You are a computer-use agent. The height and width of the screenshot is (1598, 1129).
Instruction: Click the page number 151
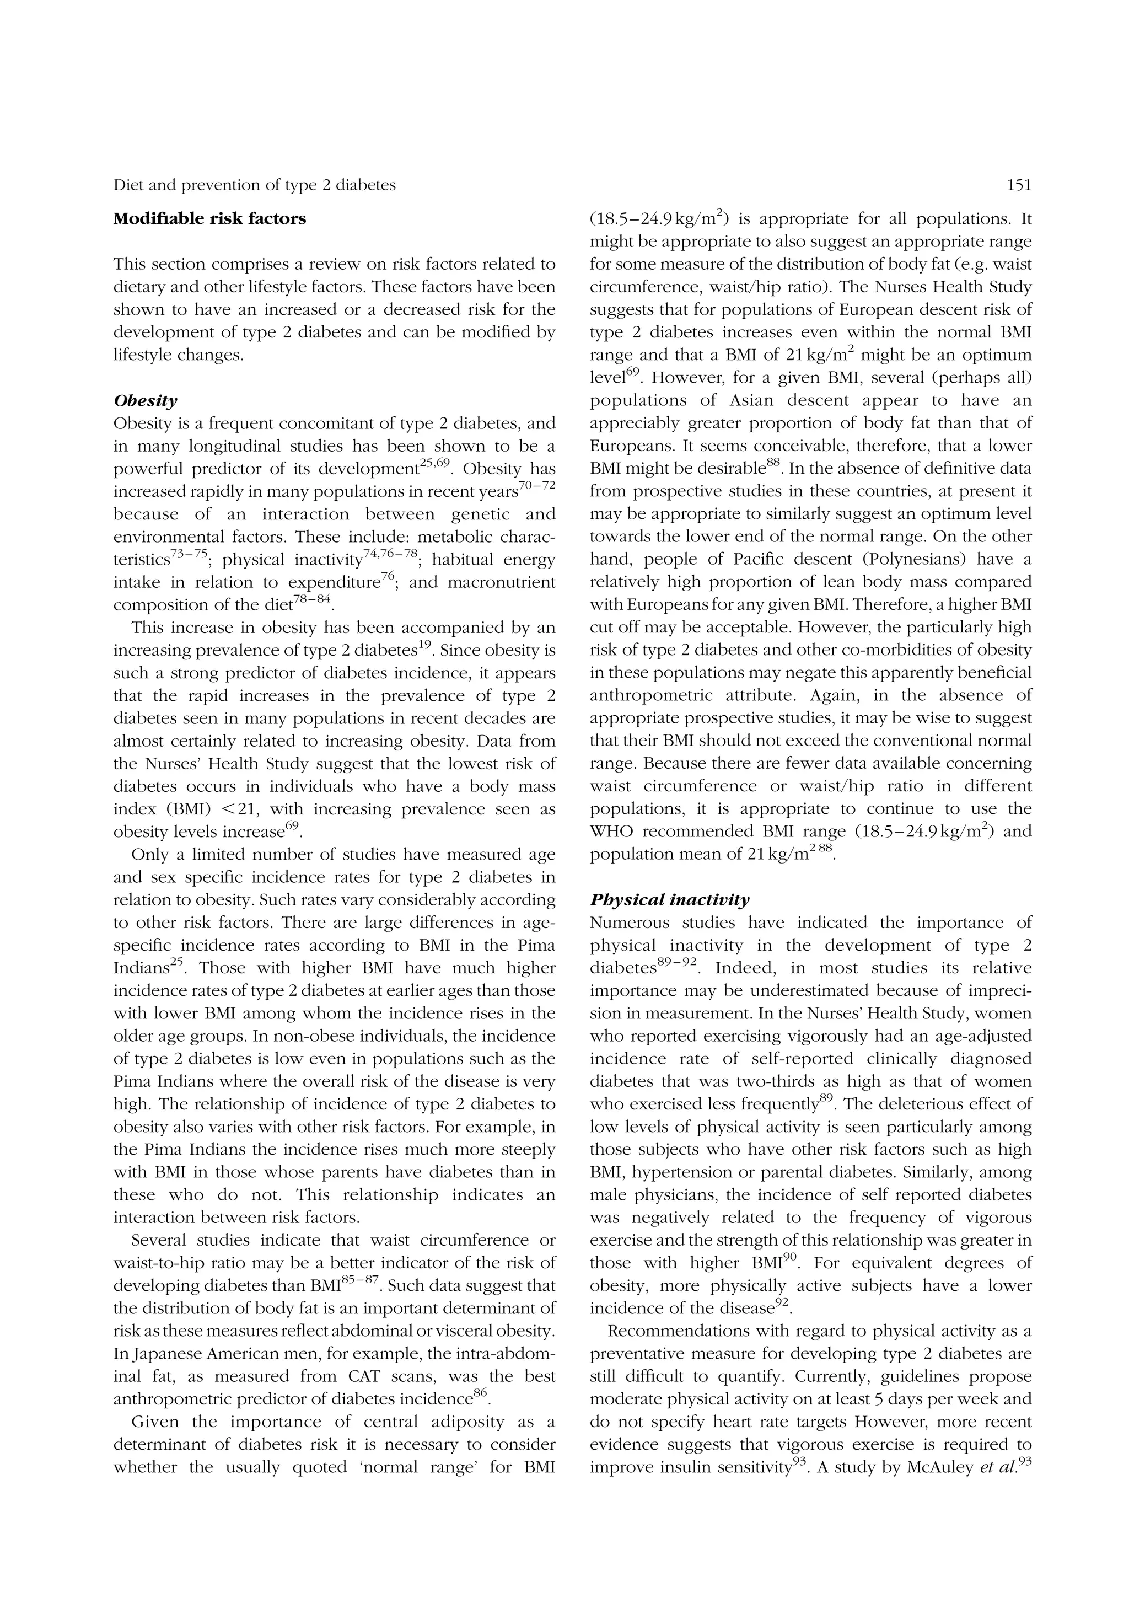click(x=1018, y=185)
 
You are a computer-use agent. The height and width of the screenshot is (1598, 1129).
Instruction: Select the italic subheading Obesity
click(x=146, y=401)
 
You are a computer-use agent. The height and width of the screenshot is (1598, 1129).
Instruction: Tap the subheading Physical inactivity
click(x=669, y=900)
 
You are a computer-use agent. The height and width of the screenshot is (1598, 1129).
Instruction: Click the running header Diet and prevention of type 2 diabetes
click(x=255, y=185)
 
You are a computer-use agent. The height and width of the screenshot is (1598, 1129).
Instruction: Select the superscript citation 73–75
click(x=189, y=554)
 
